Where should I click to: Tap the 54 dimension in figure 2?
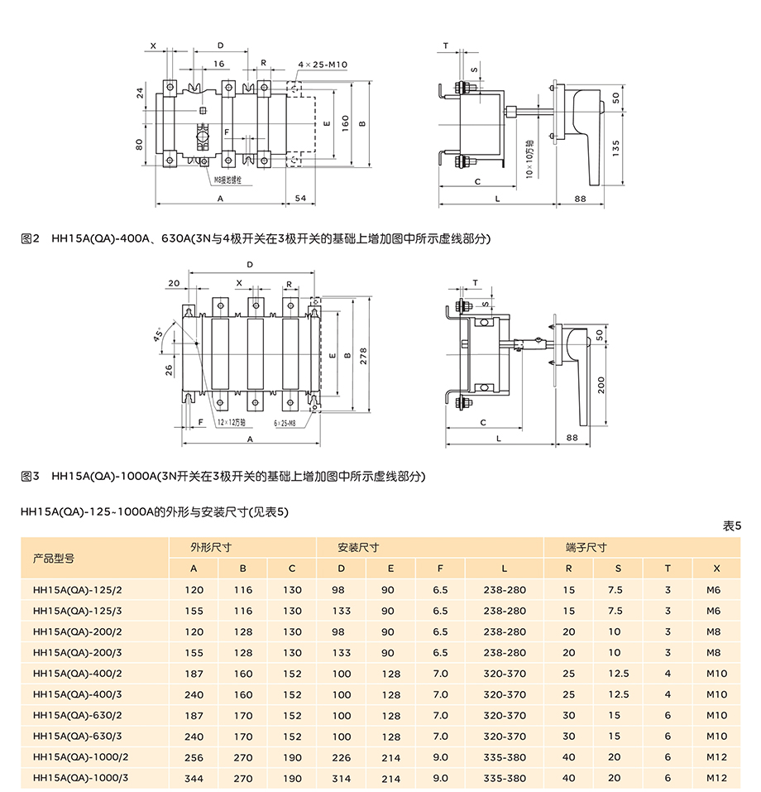(x=300, y=199)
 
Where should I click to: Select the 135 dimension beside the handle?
(x=615, y=147)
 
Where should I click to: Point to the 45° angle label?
(x=158, y=336)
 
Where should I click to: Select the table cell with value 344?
(x=194, y=778)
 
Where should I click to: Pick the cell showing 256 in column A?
(x=194, y=757)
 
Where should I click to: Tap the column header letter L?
(x=504, y=569)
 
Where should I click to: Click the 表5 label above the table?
(x=732, y=526)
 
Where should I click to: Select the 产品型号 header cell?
(x=53, y=558)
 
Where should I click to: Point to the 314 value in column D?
(x=342, y=778)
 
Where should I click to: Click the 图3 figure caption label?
(x=30, y=477)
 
